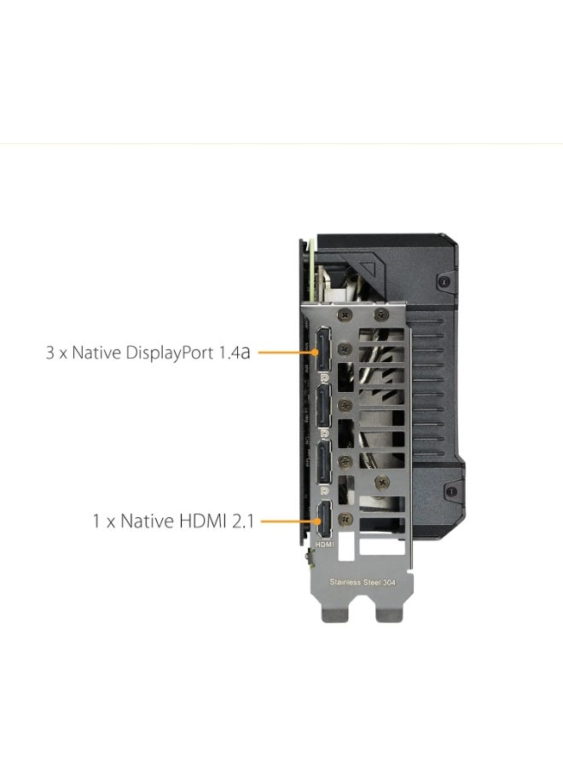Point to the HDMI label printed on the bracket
[x=325, y=544]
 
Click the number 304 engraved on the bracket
[x=389, y=582]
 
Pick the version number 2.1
[x=243, y=521]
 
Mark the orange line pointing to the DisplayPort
[x=287, y=352]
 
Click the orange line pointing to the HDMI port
[x=290, y=521]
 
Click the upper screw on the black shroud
[x=444, y=282]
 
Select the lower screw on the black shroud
[x=452, y=491]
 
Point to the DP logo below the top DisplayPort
[x=324, y=378]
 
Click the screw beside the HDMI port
[x=345, y=518]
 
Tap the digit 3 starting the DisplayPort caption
[x=50, y=353]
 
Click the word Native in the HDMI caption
[x=147, y=521]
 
